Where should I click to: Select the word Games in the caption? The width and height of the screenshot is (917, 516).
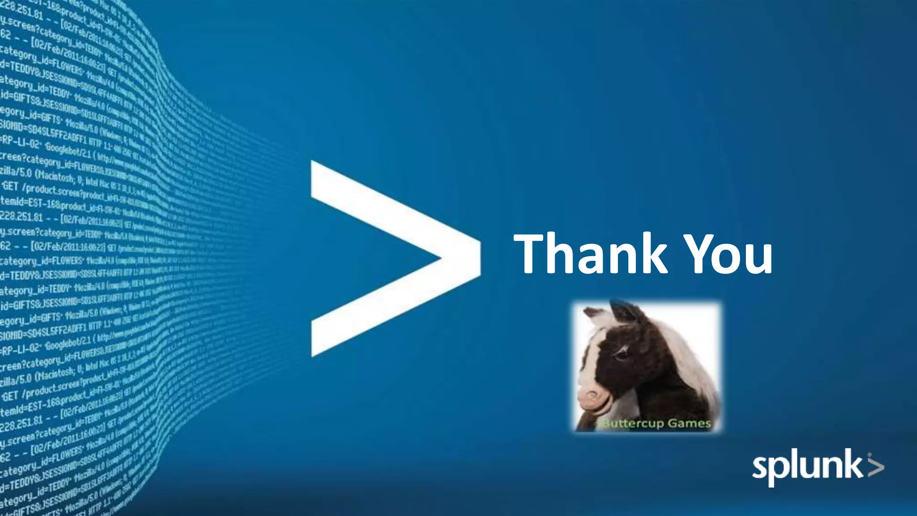pos(689,423)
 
